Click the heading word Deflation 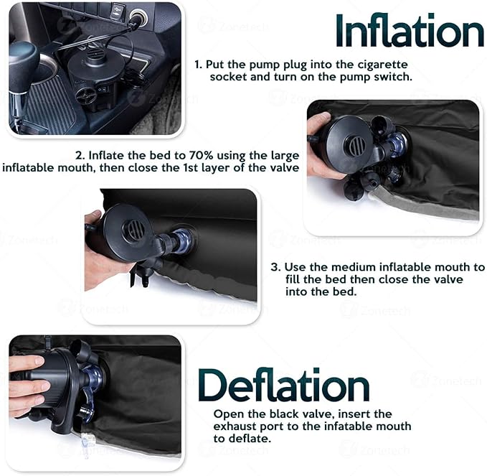tap(283, 386)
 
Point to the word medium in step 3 tap(333, 267)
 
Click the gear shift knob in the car tap(23, 56)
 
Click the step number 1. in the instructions tap(199, 65)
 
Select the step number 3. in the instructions tap(275, 267)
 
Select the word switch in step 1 tap(394, 77)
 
